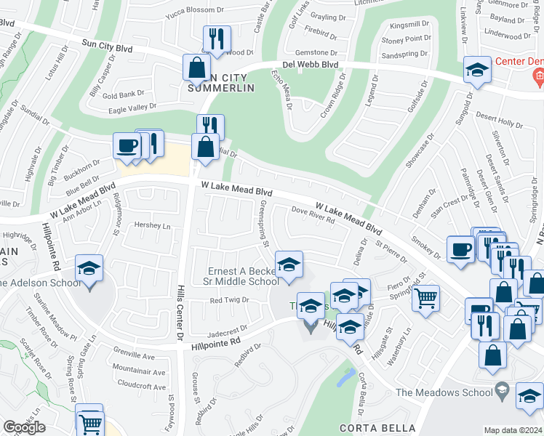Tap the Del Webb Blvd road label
pyautogui.click(x=311, y=64)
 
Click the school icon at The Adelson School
pyautogui.click(x=89, y=270)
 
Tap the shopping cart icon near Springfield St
pyautogui.click(x=425, y=296)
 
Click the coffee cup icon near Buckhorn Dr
pyautogui.click(x=127, y=145)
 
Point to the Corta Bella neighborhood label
pyautogui.click(x=377, y=428)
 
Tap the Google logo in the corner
pyautogui.click(x=24, y=427)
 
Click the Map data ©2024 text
pyautogui.click(x=513, y=430)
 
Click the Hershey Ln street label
pyautogui.click(x=152, y=225)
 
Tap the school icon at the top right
pyautogui.click(x=476, y=70)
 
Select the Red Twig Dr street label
pyautogui.click(x=229, y=299)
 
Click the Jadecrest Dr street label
pyautogui.click(x=228, y=328)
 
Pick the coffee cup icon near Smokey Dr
pyautogui.click(x=460, y=249)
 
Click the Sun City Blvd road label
pyautogui.click(x=107, y=45)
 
